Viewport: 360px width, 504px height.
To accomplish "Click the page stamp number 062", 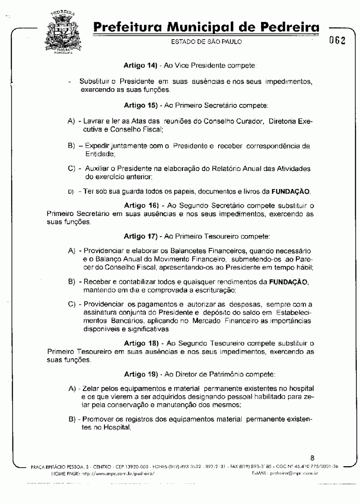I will coord(337,40).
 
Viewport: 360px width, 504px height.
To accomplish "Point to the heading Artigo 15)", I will coord(140,106).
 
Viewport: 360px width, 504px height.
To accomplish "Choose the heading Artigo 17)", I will coord(140,235).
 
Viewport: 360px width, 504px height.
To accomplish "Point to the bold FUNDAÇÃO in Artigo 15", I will coord(291,192).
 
